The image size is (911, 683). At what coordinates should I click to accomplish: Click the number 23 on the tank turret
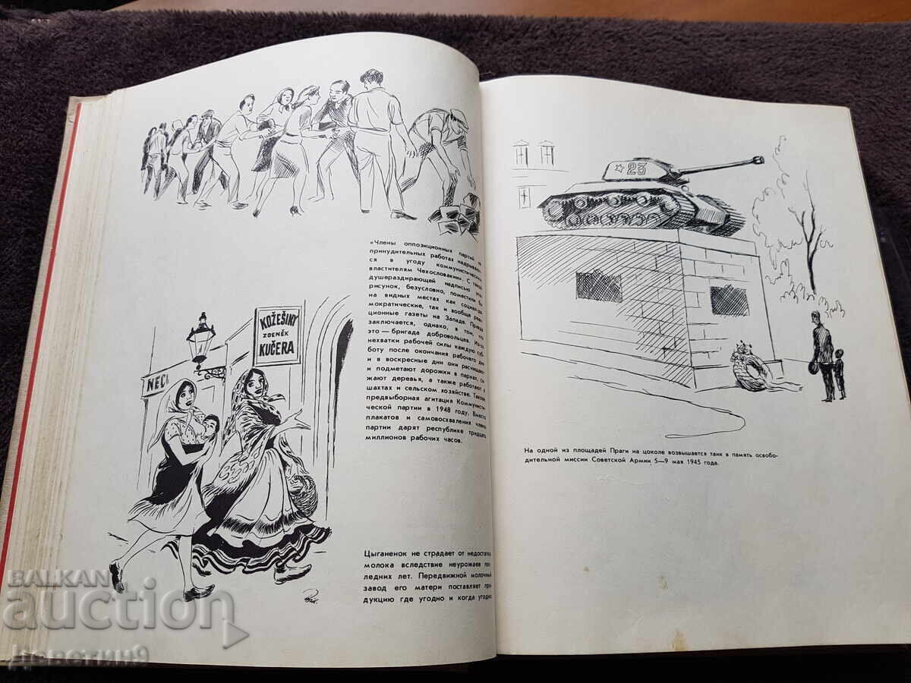pyautogui.click(x=635, y=168)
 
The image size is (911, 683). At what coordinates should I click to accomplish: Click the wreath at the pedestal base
pyautogui.click(x=750, y=367)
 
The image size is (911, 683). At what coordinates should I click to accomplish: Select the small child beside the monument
pyautogui.click(x=839, y=373)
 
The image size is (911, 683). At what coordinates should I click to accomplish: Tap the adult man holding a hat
pyautogui.click(x=822, y=355)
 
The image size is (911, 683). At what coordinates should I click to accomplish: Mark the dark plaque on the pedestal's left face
pyautogui.click(x=598, y=286)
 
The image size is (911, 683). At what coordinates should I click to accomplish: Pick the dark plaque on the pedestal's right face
pyautogui.click(x=729, y=300)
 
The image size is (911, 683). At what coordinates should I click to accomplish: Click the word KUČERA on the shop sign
pyautogui.click(x=277, y=351)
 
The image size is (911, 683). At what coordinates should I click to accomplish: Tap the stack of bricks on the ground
pyautogui.click(x=456, y=216)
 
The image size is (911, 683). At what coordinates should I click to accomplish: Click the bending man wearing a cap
pyautogui.click(x=440, y=148)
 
